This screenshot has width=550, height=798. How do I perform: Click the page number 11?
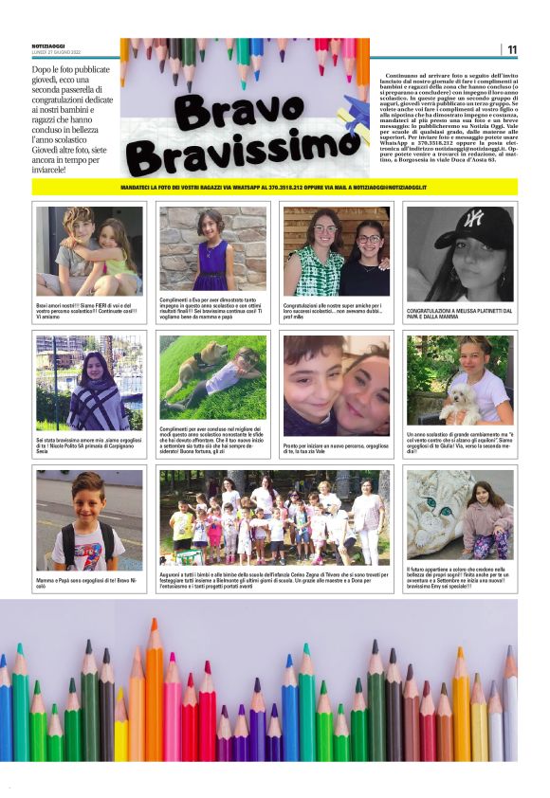pos(512,49)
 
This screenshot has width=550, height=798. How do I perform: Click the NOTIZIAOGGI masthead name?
pos(53,46)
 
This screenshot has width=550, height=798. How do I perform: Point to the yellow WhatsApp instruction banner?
pos(274,187)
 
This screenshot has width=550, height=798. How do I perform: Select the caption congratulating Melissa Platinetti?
pos(460,311)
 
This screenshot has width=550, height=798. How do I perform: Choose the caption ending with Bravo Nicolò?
pos(89,582)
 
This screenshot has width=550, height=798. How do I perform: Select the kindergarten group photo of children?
pos(274,517)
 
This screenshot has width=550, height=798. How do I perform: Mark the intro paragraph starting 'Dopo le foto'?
pos(74,119)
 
